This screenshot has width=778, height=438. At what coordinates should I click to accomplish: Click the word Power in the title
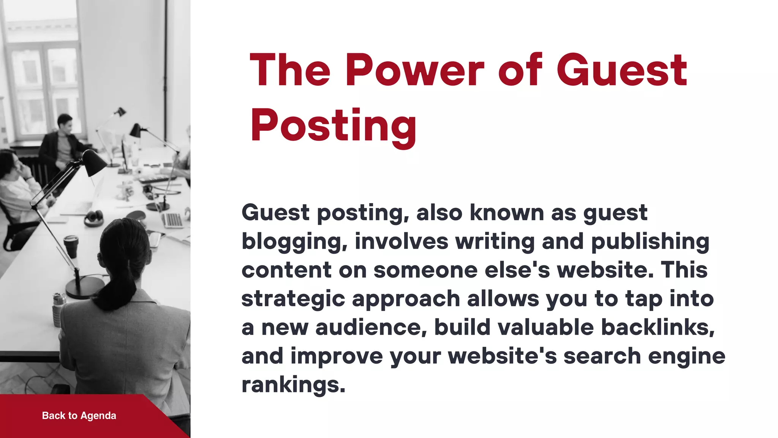414,71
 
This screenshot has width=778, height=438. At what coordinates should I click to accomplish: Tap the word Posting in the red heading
333,125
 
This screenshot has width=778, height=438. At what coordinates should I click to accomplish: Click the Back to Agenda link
79,416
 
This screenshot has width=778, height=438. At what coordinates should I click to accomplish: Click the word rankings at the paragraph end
293,385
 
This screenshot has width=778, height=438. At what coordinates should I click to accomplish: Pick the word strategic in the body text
293,299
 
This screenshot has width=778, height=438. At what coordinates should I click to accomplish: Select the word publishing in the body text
650,242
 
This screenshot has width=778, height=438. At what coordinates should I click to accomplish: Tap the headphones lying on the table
94,218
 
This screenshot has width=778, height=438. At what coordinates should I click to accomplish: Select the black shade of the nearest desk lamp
95,162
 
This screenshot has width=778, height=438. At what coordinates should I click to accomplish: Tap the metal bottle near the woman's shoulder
58,309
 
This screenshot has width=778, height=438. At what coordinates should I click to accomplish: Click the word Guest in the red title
621,71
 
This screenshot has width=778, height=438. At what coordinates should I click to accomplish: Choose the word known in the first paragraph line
507,213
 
